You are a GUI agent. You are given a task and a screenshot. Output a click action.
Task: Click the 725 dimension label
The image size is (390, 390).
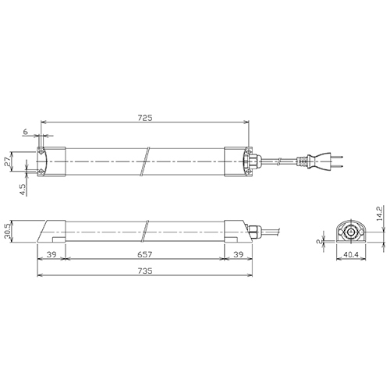[145, 118]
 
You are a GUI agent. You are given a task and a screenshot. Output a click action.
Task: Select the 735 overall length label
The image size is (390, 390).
[145, 271]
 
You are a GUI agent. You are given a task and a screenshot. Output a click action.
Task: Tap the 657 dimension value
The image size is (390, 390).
[145, 254]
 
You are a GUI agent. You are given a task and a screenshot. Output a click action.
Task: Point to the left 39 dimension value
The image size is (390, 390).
[51, 254]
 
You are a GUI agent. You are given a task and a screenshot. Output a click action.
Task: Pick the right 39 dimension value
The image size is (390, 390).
[239, 254]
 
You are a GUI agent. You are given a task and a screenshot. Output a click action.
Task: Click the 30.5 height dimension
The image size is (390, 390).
[9, 232]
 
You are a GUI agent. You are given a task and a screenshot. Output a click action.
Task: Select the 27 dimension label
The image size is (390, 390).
[9, 161]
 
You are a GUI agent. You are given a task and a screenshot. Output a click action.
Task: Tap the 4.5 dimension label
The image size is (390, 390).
[23, 190]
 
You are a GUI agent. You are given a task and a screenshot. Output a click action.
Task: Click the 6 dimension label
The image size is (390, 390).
[25, 132]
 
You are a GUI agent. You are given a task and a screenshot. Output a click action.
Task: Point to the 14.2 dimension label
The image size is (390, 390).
[380, 214]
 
